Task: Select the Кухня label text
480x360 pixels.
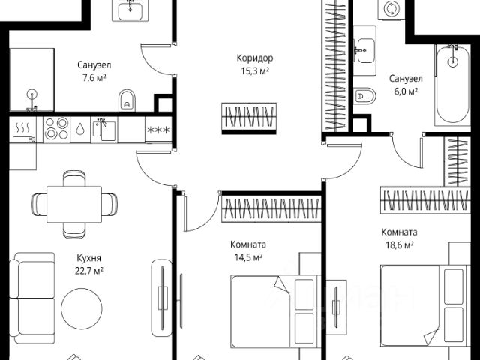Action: click(x=89, y=257)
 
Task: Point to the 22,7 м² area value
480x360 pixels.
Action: click(x=89, y=270)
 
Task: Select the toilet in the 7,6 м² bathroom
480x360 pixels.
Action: click(x=127, y=97)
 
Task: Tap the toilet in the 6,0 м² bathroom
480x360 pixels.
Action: click(x=365, y=96)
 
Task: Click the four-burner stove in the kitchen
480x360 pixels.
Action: click(x=55, y=128)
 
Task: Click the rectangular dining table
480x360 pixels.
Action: click(x=73, y=202)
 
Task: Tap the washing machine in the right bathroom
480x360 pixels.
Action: click(x=390, y=10)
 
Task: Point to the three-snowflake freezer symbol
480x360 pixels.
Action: click(x=157, y=130)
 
